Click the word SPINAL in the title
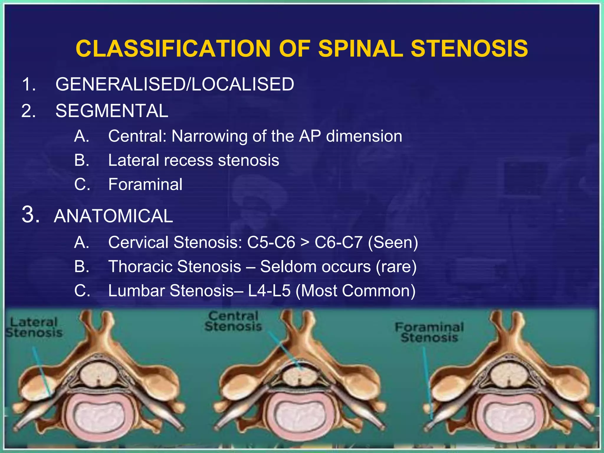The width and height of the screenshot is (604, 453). (x=360, y=49)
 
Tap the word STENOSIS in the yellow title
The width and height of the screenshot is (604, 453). (x=469, y=49)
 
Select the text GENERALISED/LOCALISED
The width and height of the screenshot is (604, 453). (x=175, y=84)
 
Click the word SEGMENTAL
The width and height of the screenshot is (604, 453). (x=112, y=111)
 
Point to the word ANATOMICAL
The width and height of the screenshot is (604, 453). (x=114, y=216)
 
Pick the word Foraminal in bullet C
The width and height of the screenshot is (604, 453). (x=145, y=185)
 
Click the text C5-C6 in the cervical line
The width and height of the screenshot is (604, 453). (x=271, y=242)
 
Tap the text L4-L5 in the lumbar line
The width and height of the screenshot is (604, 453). (x=269, y=291)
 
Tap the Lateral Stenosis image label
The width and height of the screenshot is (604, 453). (x=34, y=327)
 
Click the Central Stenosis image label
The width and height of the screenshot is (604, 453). (x=233, y=321)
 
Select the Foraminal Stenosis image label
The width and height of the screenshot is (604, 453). (x=429, y=332)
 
